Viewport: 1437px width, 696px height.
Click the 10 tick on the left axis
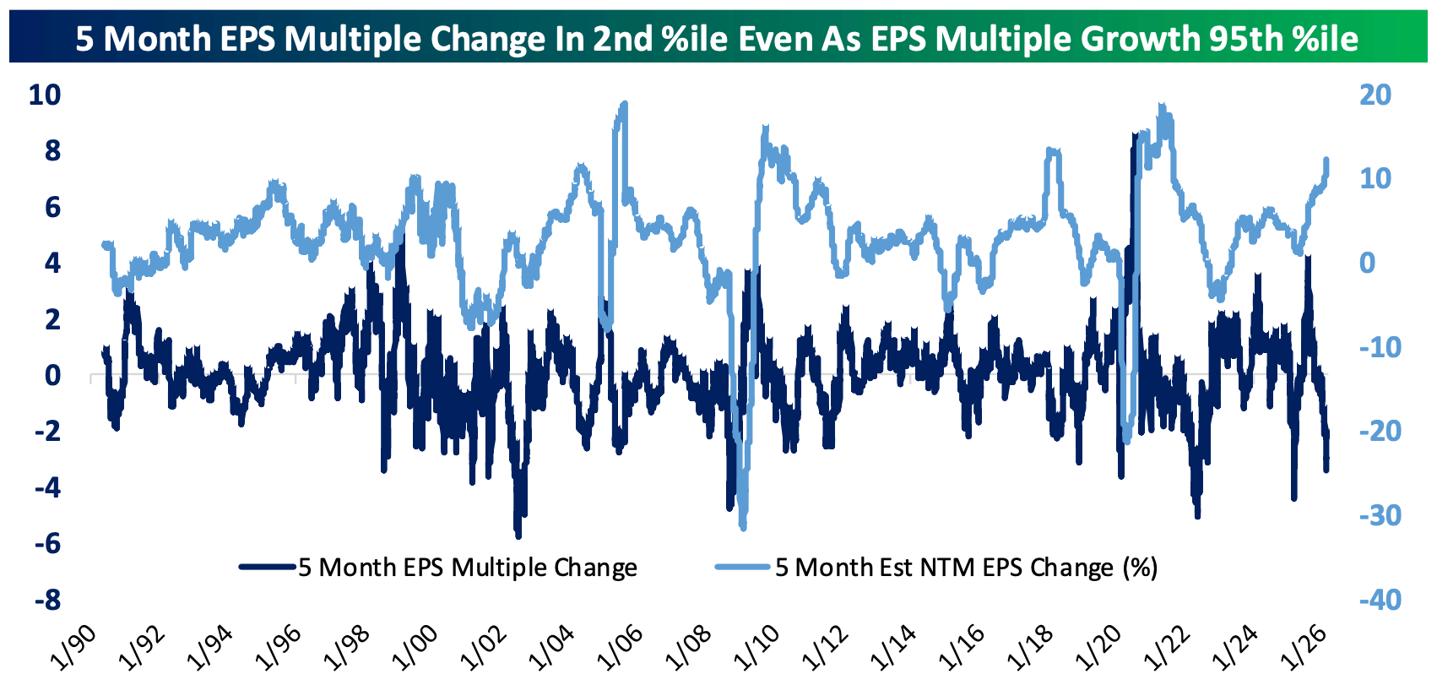(45, 95)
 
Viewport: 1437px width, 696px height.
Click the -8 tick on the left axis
(47, 600)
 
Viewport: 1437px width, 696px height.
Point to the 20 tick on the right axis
(1375, 95)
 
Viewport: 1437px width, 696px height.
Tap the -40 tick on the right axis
(1380, 600)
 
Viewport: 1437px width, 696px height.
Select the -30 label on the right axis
(1380, 515)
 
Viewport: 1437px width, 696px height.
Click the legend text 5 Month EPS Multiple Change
(468, 568)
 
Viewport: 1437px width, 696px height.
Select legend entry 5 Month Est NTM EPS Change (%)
(966, 568)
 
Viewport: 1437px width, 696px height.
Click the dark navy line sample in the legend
(268, 567)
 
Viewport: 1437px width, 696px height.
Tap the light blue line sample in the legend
(743, 567)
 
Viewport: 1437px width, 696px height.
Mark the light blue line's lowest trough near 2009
(743, 528)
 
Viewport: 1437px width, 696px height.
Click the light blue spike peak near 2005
(624, 104)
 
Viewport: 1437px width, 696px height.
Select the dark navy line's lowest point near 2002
(518, 536)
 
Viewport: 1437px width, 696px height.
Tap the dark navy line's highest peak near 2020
(1134, 133)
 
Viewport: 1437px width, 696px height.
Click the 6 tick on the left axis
(52, 207)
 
